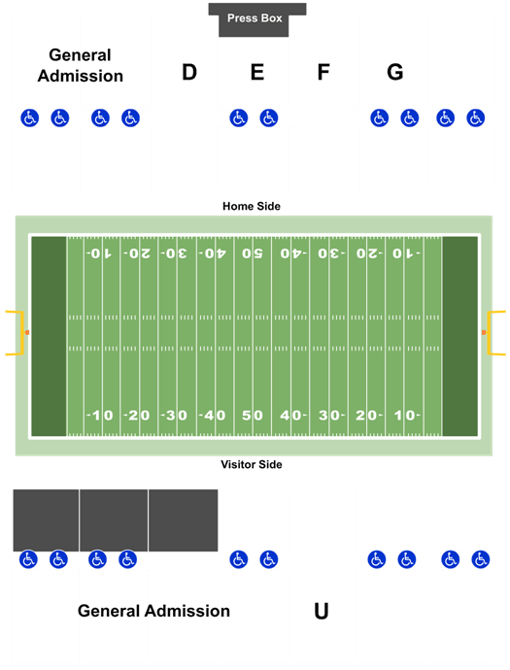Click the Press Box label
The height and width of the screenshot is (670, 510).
tap(255, 18)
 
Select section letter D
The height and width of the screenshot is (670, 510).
tap(189, 72)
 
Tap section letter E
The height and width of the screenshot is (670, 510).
tap(256, 72)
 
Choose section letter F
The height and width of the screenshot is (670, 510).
tap(323, 72)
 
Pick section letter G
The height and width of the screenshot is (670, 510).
tap(395, 72)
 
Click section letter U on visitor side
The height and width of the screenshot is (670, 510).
tap(321, 611)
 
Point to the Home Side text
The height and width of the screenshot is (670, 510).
tap(252, 207)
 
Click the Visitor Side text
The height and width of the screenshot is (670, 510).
tap(252, 464)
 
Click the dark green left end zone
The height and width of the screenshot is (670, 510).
tap(49, 336)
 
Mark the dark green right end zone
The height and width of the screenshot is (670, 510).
tap(460, 336)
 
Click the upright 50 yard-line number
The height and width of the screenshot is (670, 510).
tap(253, 416)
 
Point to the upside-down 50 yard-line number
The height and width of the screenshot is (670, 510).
tap(253, 253)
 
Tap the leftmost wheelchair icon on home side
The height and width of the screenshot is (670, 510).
tap(29, 117)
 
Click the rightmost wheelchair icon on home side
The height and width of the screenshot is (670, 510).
tap(475, 117)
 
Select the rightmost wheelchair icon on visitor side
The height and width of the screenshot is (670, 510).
tap(481, 559)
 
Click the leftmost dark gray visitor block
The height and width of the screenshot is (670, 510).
tap(46, 520)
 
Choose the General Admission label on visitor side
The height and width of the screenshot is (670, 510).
tap(153, 611)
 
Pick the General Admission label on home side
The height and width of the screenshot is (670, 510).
tap(81, 65)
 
